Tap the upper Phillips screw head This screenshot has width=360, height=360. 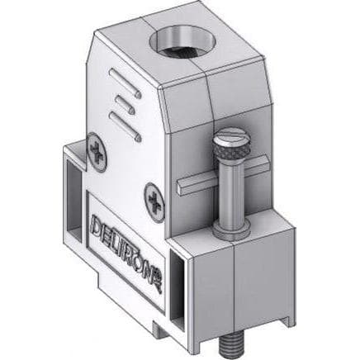pyautogui.click(x=97, y=152)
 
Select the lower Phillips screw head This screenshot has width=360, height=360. pyautogui.click(x=154, y=201)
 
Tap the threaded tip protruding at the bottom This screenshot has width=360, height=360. pyautogui.click(x=230, y=343)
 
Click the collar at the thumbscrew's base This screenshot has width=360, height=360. pyautogui.click(x=231, y=230)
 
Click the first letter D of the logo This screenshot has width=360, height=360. pyautogui.click(x=96, y=225)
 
